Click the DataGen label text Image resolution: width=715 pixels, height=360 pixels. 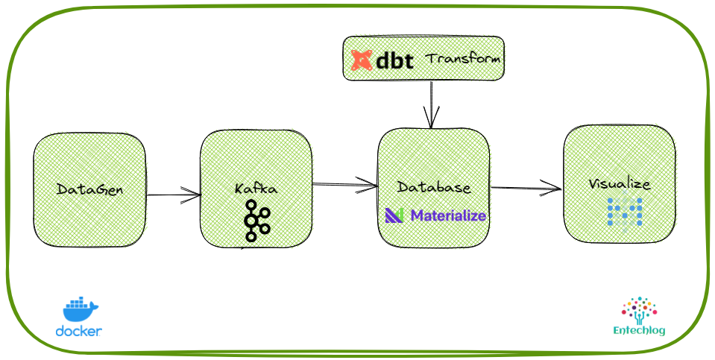coord(89,189)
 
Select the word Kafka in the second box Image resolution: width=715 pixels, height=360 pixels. coord(256,189)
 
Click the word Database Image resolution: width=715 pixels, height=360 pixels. coord(433,187)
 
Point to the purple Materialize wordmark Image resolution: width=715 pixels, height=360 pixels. coord(448,216)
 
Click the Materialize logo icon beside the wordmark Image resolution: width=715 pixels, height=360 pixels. coord(394,216)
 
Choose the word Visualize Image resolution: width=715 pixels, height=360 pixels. coord(619,184)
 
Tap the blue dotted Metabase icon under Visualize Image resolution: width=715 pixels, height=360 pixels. coord(624,212)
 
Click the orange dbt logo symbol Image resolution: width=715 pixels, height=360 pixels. coord(362,60)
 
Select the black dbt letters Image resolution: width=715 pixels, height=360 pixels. coord(394,60)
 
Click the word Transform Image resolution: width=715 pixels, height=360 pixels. coord(462,58)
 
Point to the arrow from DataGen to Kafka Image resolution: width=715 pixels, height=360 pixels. coord(173,195)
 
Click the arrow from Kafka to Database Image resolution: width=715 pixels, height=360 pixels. coord(344,184)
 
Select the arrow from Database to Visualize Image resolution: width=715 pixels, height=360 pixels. coord(526,189)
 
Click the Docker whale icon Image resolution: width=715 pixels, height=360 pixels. coord(80,309)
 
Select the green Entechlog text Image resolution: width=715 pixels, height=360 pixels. coord(639,330)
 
